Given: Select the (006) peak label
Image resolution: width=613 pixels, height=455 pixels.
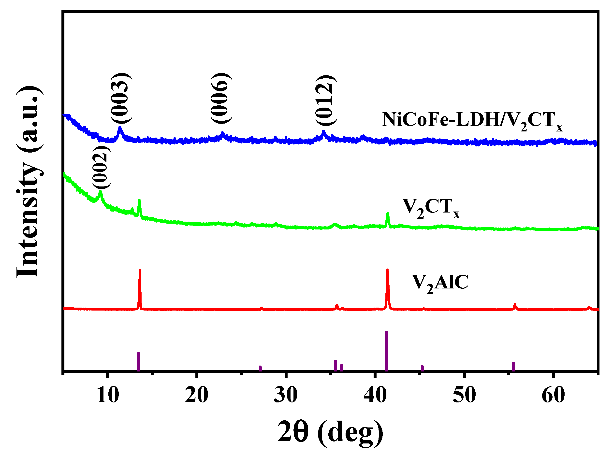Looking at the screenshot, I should [221, 98].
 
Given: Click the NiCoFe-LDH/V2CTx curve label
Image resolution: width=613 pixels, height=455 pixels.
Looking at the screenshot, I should [472, 121].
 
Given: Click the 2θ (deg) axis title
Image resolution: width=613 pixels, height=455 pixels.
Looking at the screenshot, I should [330, 432].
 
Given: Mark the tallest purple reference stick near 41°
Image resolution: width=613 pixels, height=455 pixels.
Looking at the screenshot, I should [386, 351].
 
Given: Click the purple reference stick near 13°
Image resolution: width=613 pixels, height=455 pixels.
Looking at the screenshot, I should [139, 362].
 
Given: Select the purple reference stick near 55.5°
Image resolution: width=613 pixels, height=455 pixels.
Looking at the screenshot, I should [513, 367].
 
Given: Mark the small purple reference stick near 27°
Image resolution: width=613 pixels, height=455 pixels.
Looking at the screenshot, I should [260, 369].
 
